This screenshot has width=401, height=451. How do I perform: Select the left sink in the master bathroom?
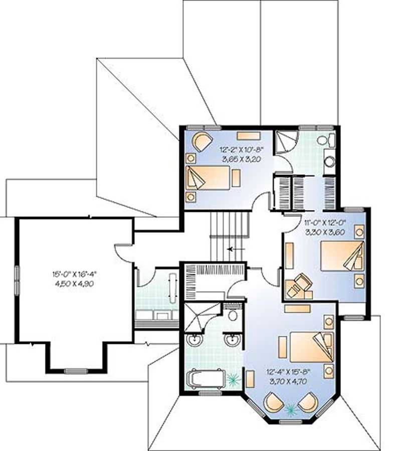[193, 341]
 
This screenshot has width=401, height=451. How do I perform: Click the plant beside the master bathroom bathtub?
[232, 380]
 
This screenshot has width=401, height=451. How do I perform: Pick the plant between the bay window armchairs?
[289, 410]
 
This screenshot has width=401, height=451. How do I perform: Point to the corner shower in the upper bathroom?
[286, 141]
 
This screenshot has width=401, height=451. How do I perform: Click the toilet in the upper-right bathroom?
[329, 141]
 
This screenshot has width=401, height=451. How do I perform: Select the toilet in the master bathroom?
[232, 316]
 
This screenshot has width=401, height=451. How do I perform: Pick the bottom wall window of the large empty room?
[76, 371]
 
